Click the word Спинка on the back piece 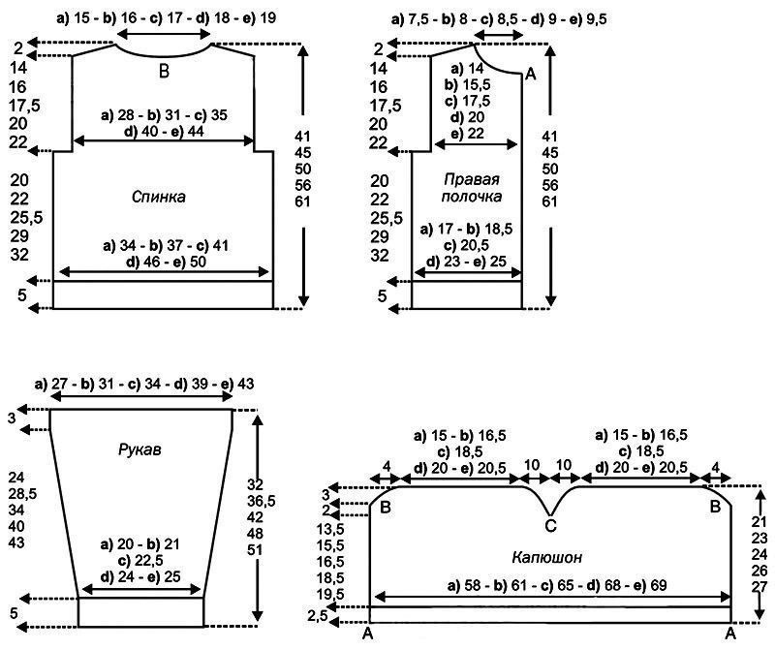click(159, 198)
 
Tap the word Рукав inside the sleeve click(139, 449)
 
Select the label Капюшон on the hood click(547, 558)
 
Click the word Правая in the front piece click(472, 179)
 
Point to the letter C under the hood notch click(550, 526)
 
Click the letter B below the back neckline click(164, 72)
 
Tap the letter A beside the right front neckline click(531, 75)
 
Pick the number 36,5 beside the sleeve click(262, 501)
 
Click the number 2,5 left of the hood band click(318, 616)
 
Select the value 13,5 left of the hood click(330, 529)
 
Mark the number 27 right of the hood click(759, 587)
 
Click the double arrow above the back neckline click(164, 34)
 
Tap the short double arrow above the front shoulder click(498, 35)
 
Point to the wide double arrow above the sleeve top click(141, 396)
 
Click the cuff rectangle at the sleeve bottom click(140, 612)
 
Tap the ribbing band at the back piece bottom click(163, 295)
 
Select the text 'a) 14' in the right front click(468, 69)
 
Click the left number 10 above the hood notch click(531, 466)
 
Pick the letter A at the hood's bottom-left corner click(367, 635)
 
